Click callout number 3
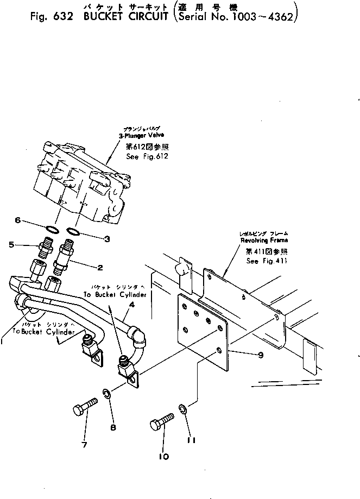click(107, 238)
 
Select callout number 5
click(11, 245)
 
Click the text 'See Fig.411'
click(267, 261)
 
